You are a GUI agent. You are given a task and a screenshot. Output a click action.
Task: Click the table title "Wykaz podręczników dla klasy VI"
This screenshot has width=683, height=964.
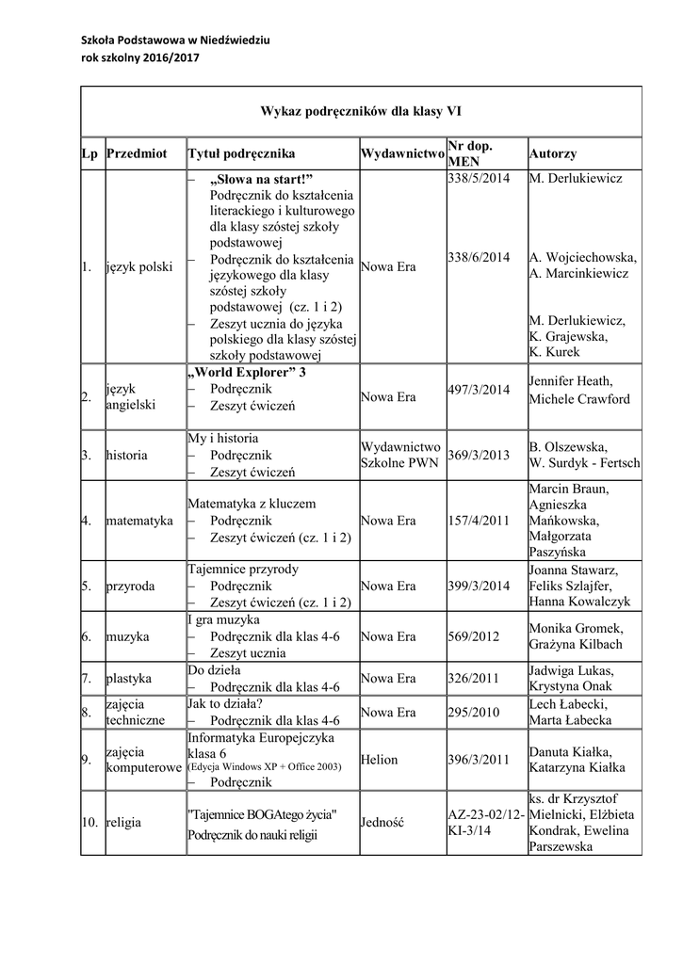tap(361, 110)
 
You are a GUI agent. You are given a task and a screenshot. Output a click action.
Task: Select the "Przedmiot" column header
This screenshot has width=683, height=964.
tap(138, 153)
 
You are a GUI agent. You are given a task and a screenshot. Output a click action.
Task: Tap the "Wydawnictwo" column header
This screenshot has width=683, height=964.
tap(401, 153)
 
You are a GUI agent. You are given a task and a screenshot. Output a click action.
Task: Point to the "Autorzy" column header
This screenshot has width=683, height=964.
tap(553, 153)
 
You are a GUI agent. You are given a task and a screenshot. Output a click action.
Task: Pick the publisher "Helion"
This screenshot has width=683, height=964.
tap(380, 760)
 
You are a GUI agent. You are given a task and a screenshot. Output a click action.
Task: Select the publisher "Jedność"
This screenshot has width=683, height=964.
tap(382, 822)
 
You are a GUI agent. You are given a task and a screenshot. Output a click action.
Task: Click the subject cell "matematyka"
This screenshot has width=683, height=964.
tap(139, 520)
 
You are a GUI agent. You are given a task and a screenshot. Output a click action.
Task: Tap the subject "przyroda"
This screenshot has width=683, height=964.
tap(132, 586)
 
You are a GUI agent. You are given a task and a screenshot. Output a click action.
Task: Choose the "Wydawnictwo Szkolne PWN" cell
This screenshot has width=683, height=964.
tap(400, 455)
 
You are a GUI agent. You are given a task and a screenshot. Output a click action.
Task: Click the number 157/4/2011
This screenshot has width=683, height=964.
tap(479, 520)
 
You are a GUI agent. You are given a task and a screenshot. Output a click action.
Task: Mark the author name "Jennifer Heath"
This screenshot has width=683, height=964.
tap(571, 381)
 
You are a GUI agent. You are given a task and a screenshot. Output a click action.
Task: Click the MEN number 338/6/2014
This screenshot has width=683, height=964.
tap(479, 257)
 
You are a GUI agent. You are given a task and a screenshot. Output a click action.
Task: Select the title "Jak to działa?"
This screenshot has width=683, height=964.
tap(224, 703)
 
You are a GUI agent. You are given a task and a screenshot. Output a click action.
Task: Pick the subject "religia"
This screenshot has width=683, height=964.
tap(124, 822)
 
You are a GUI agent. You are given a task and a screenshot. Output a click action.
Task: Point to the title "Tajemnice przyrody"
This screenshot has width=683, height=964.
tap(243, 570)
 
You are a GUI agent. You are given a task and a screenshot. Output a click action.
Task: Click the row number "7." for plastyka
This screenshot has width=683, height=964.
tap(86, 678)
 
